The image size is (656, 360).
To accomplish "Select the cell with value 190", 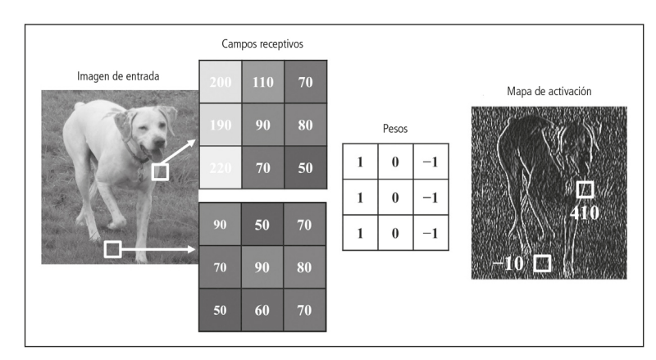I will (x=220, y=127).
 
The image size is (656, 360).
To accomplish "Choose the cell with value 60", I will (x=262, y=310).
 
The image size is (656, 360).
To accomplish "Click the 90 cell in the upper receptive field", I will (x=262, y=127).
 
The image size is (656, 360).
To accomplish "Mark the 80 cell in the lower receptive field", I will (x=304, y=267).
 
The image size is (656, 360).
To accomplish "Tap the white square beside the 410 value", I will (x=585, y=190).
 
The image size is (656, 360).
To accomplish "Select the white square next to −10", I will (x=541, y=263).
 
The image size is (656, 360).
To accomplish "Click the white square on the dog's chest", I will (x=161, y=171).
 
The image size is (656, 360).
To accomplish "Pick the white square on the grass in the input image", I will (x=113, y=248).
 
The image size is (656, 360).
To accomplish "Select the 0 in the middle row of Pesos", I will (x=394, y=198).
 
